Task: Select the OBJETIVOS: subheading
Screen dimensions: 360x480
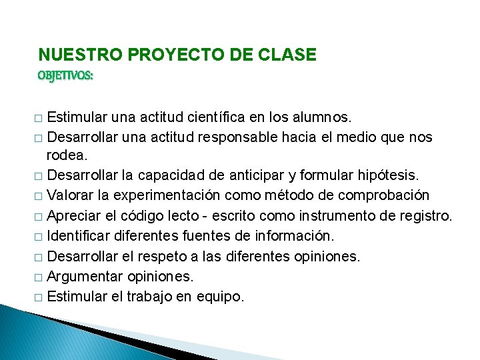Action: coord(65,76)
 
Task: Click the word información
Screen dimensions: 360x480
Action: coord(301,236)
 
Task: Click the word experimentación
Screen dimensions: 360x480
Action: coord(175,196)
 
